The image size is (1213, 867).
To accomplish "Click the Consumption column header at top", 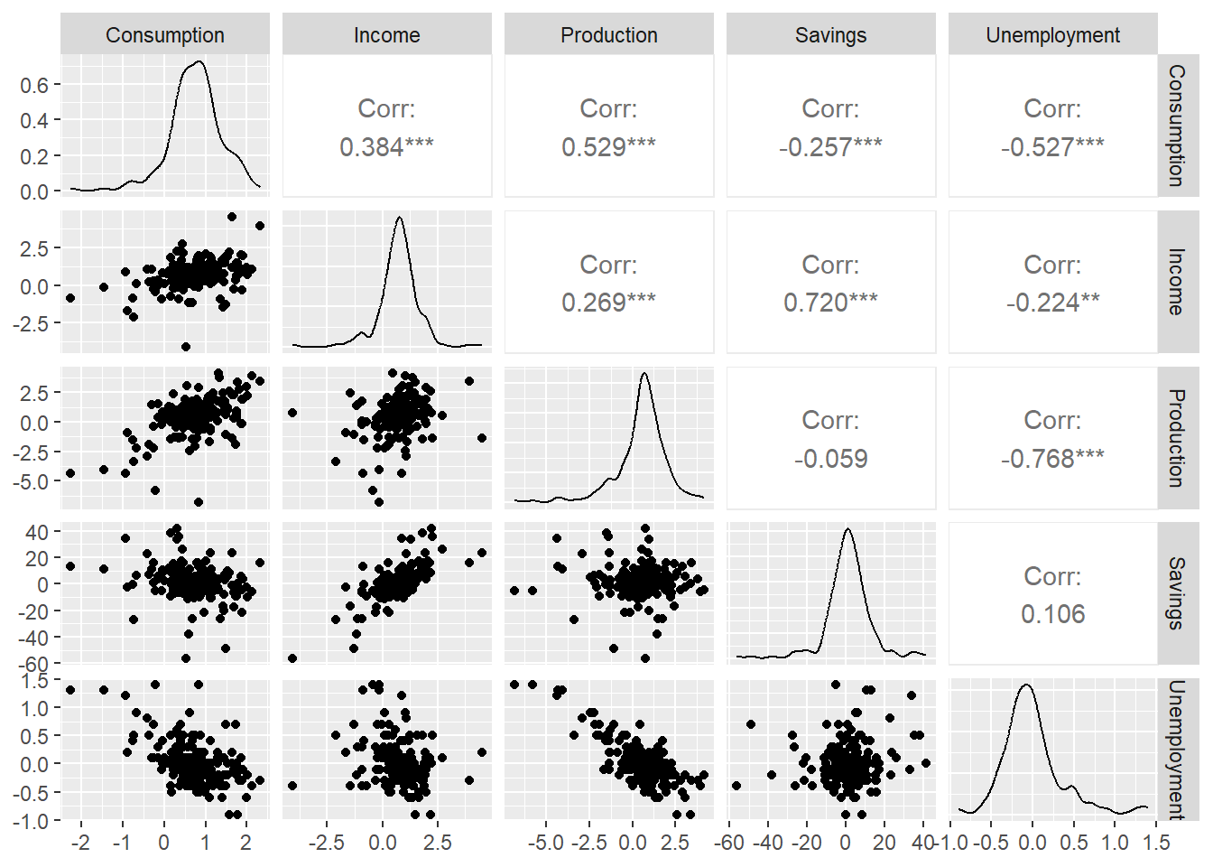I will coord(165,35).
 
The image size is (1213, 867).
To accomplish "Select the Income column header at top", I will coord(386,35).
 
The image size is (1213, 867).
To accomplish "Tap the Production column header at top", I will coord(608,35).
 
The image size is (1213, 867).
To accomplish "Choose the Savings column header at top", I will coord(830,35).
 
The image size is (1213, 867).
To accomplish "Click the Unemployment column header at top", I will coord(1052,35).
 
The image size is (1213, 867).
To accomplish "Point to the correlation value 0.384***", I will coord(386,146).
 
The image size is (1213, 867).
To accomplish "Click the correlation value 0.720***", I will coord(830,302).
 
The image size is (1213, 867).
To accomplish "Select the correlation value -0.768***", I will coord(1052,458).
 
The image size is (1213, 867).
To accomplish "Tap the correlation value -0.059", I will coord(830,458).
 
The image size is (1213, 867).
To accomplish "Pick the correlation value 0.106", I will coord(1052,614).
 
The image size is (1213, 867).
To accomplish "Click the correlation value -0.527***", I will coord(1052,146).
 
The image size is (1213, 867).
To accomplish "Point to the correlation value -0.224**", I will coord(1052,302).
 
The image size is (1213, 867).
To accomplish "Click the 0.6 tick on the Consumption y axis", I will coord(34,85).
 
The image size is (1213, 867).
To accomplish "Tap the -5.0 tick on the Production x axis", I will coord(545,843).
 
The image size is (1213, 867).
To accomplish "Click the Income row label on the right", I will coord(1175,282).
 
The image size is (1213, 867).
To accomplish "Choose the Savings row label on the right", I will coord(1175,593).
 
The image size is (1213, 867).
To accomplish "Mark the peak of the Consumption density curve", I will coord(199,62).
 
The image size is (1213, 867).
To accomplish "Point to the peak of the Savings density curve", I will coord(847,529).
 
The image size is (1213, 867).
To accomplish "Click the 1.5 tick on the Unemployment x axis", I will coord(1156,843).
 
